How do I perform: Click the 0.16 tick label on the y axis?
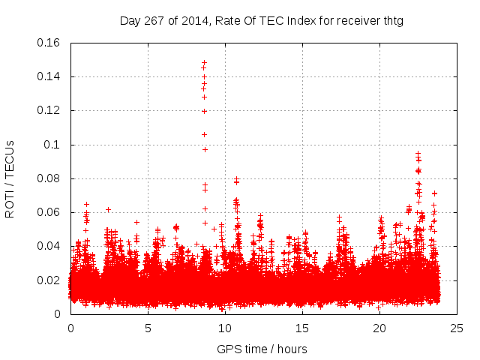(50, 43)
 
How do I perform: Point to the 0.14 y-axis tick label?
(50, 76)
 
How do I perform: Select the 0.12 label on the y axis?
(50, 110)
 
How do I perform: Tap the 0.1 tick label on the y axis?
(55, 145)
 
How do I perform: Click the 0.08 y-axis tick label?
(50, 178)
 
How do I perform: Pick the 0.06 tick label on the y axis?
(50, 212)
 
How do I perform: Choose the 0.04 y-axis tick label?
(50, 246)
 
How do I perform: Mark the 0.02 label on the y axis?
(50, 280)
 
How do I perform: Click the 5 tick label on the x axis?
(148, 328)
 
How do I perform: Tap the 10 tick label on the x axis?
(225, 328)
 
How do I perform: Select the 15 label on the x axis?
(302, 328)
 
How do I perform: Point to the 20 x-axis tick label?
(379, 328)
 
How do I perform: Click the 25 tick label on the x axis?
(457, 328)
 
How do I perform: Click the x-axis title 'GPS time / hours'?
(262, 349)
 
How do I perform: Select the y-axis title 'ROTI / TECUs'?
(10, 178)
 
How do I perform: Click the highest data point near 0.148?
(204, 63)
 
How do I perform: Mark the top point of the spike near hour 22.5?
(418, 154)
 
